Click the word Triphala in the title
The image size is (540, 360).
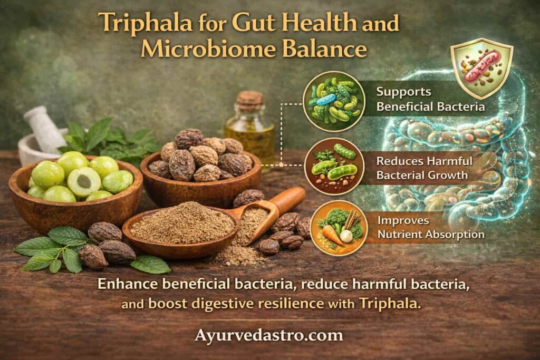point(145,23)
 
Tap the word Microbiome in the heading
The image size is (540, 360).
point(207,49)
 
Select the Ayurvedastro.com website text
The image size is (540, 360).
point(268,335)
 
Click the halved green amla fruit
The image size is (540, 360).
point(84,181)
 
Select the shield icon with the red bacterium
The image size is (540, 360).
point(481,68)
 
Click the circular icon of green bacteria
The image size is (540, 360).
point(334,101)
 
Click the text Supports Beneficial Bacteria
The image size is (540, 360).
point(430,99)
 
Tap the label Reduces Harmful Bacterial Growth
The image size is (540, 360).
point(425,168)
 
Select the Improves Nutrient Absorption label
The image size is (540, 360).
point(431,228)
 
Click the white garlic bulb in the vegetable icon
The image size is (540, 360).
point(346,236)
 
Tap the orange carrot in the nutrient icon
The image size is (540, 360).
point(332,235)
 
